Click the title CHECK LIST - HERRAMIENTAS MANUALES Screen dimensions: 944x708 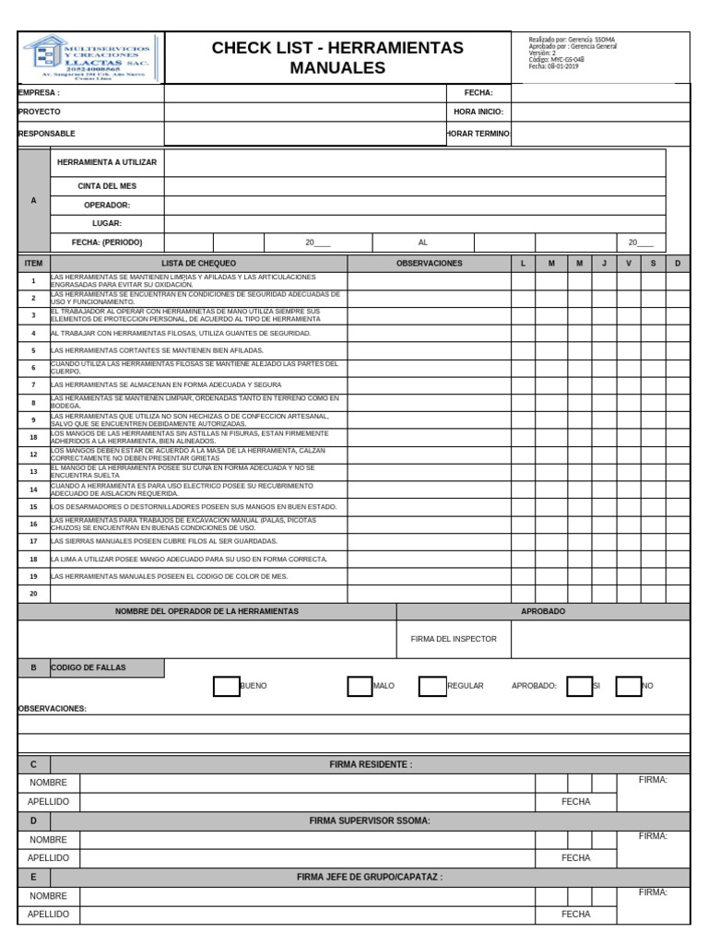[x=337, y=57]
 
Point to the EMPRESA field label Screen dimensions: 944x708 [x=39, y=93]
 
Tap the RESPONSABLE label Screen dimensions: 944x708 [x=47, y=134]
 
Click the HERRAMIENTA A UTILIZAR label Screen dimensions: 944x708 [x=107, y=162]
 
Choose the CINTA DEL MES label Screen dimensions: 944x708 [x=107, y=186]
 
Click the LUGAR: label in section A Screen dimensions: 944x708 [x=107, y=223]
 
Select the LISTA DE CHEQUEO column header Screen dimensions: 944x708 [x=198, y=264]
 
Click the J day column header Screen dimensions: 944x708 [x=604, y=264]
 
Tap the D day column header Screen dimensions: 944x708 [x=678, y=264]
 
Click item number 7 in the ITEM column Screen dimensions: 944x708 [x=33, y=384]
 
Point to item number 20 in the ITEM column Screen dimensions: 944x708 [x=33, y=594]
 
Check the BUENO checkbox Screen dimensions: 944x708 [x=226, y=686]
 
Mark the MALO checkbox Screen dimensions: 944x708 [x=360, y=686]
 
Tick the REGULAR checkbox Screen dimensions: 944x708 [x=431, y=686]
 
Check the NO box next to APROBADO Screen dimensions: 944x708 [x=628, y=686]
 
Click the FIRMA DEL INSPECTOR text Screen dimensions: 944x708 [x=454, y=639]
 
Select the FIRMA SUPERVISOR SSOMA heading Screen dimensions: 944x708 [x=370, y=820]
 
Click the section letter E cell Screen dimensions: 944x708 [x=34, y=878]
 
